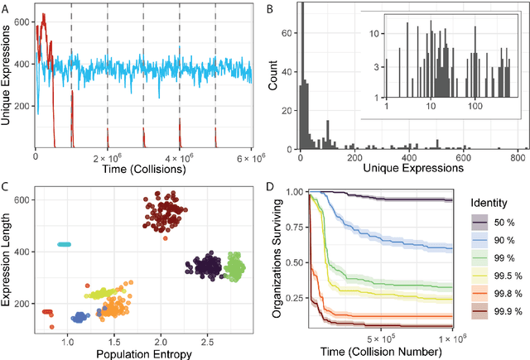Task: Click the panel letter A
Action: (x=7, y=7)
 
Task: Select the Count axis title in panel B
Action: (x=272, y=79)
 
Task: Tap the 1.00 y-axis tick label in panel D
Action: (x=296, y=192)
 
